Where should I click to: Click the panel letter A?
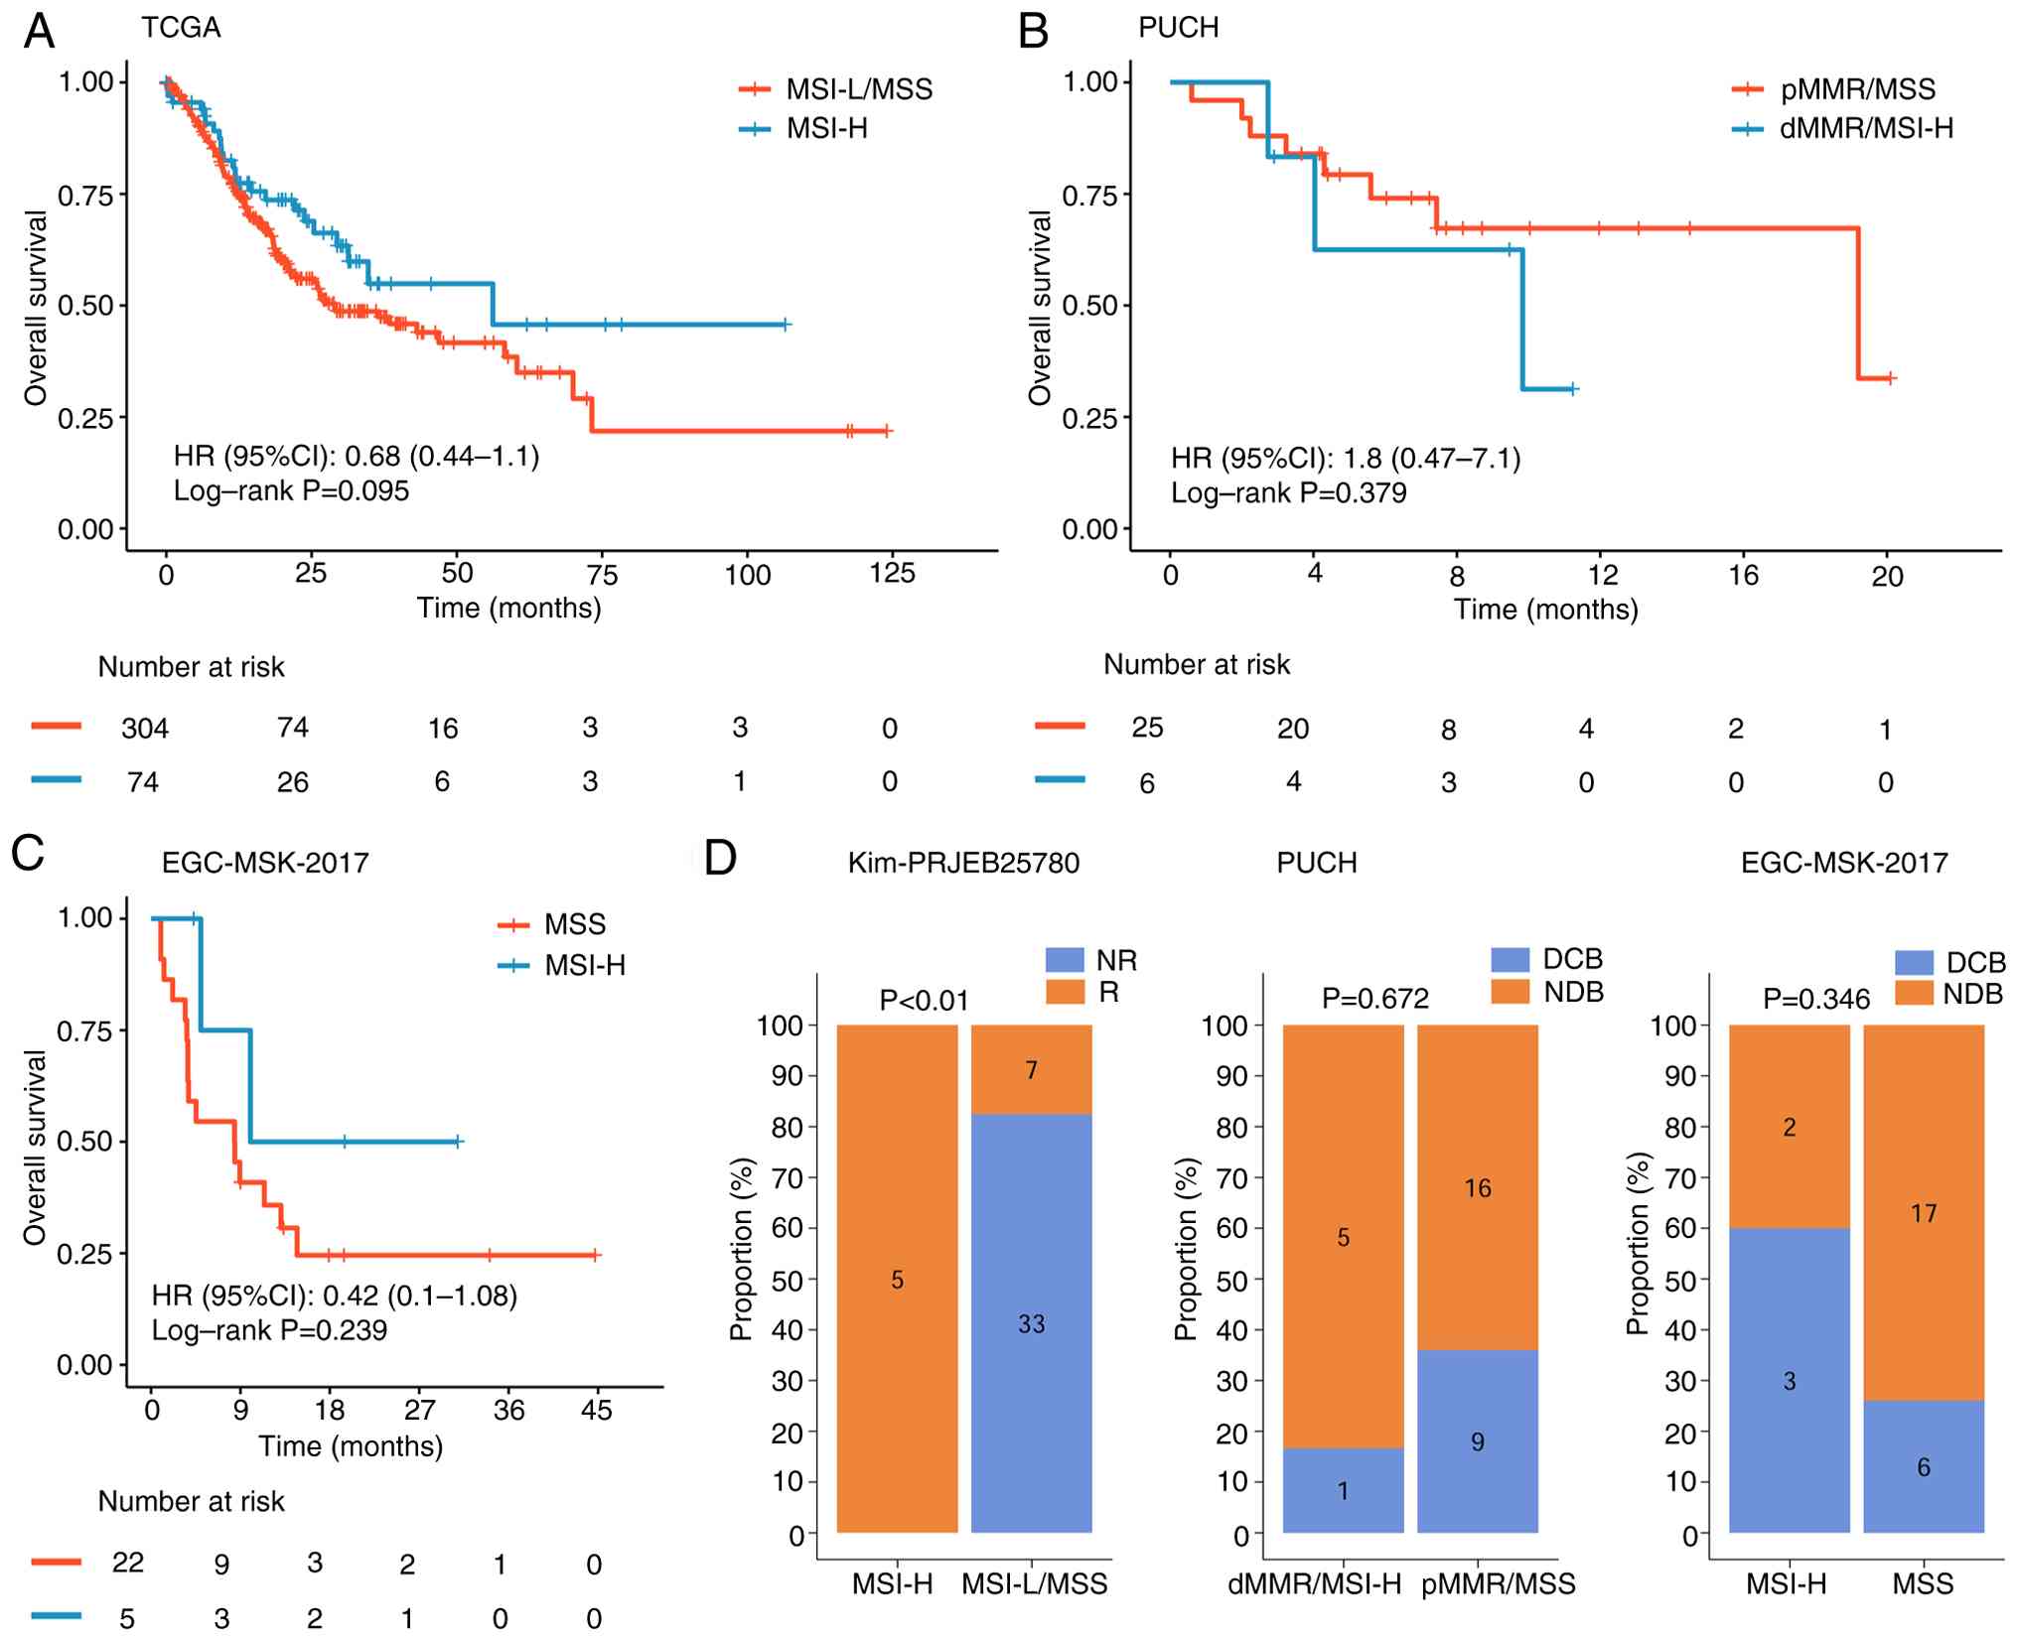(x=39, y=31)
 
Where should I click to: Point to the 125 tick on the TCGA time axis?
(x=892, y=574)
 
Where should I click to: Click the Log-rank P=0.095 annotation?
(x=291, y=490)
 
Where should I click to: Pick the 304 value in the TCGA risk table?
(x=145, y=729)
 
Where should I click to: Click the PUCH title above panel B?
(x=1178, y=28)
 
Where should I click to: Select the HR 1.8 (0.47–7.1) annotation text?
(x=1346, y=458)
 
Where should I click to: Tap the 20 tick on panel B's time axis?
(x=1887, y=576)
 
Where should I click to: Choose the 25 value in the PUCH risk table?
(x=1147, y=728)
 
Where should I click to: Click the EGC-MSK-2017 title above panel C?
(x=265, y=863)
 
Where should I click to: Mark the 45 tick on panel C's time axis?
(x=596, y=1411)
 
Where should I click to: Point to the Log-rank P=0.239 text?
(x=269, y=1330)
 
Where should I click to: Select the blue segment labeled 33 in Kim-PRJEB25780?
(x=1031, y=1323)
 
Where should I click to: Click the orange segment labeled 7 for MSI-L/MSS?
(x=1031, y=1069)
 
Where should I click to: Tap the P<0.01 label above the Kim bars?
(x=924, y=1001)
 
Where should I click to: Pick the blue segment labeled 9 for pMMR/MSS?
(x=1477, y=1441)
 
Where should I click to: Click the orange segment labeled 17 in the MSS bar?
(x=1923, y=1213)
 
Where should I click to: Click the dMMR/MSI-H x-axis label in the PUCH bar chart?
(x=1314, y=1584)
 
